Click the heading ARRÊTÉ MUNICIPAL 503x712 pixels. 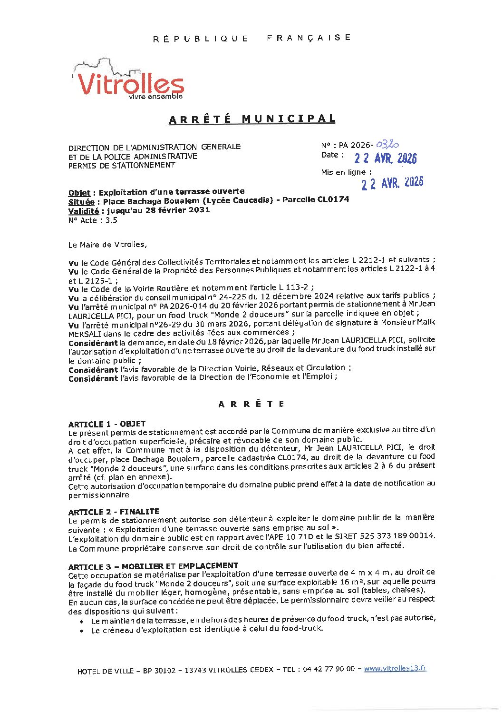[252, 119]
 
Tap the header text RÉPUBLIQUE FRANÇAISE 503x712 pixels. [252, 38]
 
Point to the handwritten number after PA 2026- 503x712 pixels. [387, 145]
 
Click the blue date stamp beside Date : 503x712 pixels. [385, 158]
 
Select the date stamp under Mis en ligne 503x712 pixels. [392, 183]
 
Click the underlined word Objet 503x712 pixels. [79, 193]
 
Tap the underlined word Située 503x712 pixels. [81, 202]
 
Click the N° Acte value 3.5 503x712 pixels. [111, 220]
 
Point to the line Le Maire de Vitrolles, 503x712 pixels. [107, 245]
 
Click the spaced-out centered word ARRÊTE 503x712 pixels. [251, 404]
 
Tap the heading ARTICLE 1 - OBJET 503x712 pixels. [106, 424]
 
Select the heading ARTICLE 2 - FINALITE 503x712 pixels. [113, 512]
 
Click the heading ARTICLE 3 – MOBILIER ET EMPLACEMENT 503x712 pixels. [153, 566]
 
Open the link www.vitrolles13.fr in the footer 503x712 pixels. [395, 668]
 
